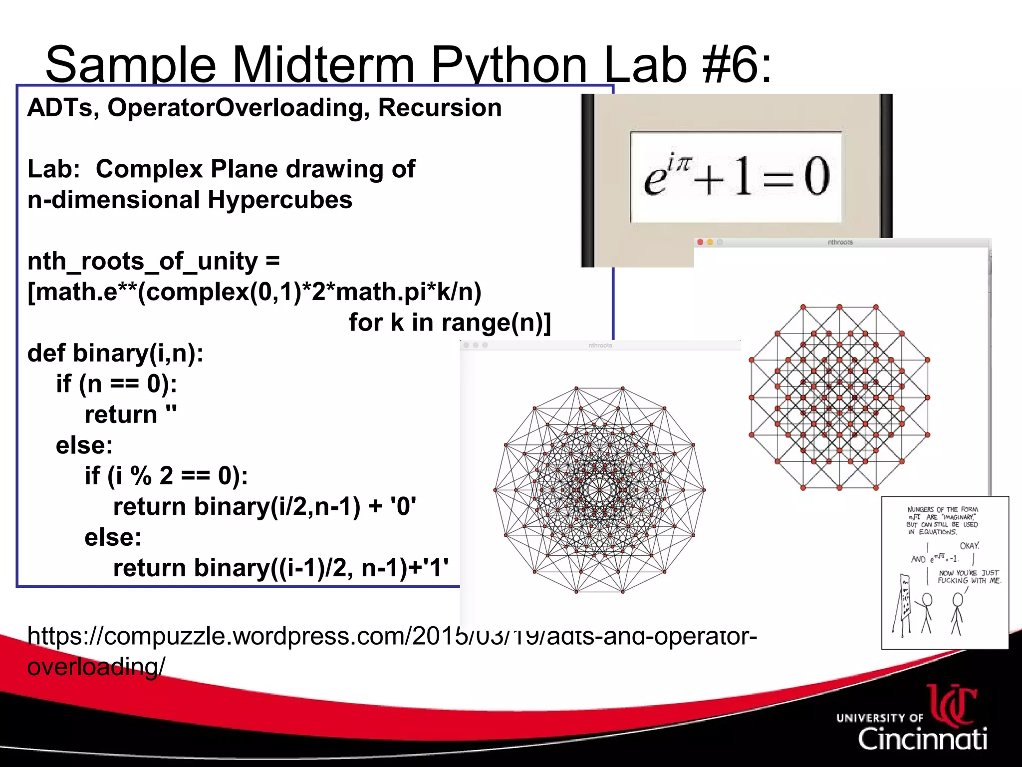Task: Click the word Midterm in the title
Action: [x=323, y=65]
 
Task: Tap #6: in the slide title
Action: [x=737, y=65]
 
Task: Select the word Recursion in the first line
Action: [x=440, y=108]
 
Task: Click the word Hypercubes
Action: [x=280, y=200]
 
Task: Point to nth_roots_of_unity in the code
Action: [x=142, y=261]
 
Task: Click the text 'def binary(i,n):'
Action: [x=115, y=353]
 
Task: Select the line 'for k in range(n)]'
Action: [x=450, y=323]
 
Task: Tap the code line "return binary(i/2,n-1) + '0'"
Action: [x=264, y=507]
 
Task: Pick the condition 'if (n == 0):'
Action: [x=116, y=384]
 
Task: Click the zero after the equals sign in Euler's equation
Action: [x=816, y=176]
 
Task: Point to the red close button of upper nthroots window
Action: [x=701, y=242]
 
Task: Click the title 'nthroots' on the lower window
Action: [x=600, y=345]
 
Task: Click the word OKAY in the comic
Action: [x=969, y=546]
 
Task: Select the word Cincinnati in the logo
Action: [x=922, y=739]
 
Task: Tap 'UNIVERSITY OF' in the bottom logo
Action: [x=879, y=718]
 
